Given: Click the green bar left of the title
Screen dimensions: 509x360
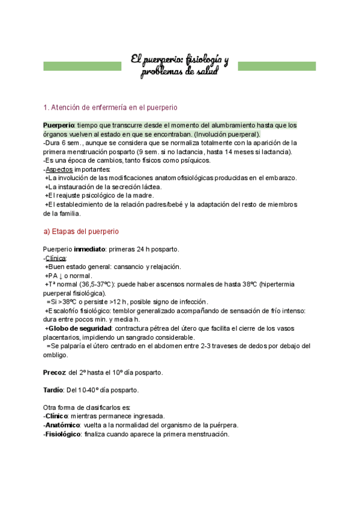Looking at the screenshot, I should point(82,65).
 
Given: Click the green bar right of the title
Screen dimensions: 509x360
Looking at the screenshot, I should point(277,65).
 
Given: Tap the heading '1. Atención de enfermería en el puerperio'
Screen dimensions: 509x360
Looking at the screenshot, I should point(110,108).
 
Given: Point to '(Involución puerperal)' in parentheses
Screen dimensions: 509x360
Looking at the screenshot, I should point(225,134).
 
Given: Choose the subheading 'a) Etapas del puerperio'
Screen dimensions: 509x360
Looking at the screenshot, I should point(81,231).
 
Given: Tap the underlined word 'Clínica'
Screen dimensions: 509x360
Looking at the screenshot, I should point(56,258).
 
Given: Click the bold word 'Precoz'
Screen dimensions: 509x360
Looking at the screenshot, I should point(54,372).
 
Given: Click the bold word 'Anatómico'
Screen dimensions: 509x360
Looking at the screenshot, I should point(62,425).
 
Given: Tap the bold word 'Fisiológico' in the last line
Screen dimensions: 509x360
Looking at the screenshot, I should point(63,434).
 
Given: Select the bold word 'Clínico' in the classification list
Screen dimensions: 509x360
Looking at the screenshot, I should point(58,416).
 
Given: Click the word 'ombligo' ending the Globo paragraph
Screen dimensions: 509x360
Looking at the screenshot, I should point(55,355).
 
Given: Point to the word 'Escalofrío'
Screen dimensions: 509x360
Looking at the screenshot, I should point(64,311).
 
